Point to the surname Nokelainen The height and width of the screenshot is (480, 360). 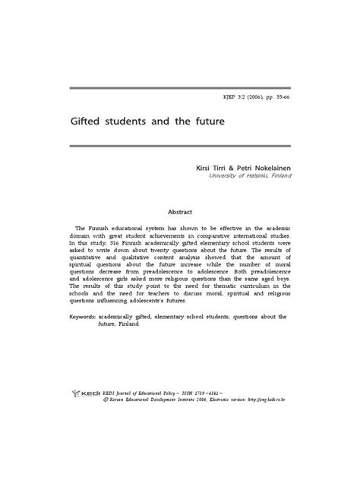point(266,166)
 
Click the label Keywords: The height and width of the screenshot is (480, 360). point(88,316)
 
